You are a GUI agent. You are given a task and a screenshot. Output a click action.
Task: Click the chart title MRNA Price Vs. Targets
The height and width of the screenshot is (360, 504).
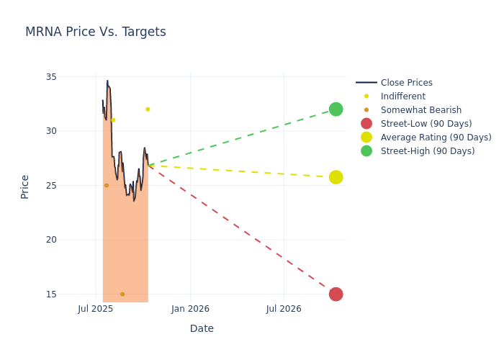pos(95,32)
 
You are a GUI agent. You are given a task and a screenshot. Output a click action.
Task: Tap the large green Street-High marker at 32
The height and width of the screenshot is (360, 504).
pos(336,109)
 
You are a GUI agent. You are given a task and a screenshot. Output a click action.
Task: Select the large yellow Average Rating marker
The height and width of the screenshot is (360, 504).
pos(336,177)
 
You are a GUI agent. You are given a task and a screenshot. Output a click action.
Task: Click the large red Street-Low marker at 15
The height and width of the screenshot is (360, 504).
pos(336,294)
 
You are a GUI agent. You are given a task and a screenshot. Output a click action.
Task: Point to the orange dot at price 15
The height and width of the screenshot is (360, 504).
pos(122,294)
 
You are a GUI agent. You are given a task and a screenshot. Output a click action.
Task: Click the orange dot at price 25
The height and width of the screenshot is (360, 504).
pos(107,186)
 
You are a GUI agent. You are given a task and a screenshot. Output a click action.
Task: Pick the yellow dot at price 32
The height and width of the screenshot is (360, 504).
pos(148,109)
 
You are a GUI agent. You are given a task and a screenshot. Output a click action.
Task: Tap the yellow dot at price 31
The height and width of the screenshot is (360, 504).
pos(113,120)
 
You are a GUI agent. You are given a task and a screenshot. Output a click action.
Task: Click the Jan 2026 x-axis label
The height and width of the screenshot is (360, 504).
pos(190,309)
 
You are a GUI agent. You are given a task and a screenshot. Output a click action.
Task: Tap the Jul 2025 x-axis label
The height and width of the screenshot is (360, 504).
pos(96,309)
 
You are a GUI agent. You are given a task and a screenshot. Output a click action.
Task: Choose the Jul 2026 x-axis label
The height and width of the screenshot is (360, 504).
pos(284,309)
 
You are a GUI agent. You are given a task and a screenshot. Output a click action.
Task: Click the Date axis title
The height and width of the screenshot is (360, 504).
pos(202,329)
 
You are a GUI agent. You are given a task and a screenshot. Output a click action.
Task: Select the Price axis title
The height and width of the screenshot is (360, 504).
pos(25,186)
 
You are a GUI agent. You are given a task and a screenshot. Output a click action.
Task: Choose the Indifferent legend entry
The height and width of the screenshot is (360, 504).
pos(402,96)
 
